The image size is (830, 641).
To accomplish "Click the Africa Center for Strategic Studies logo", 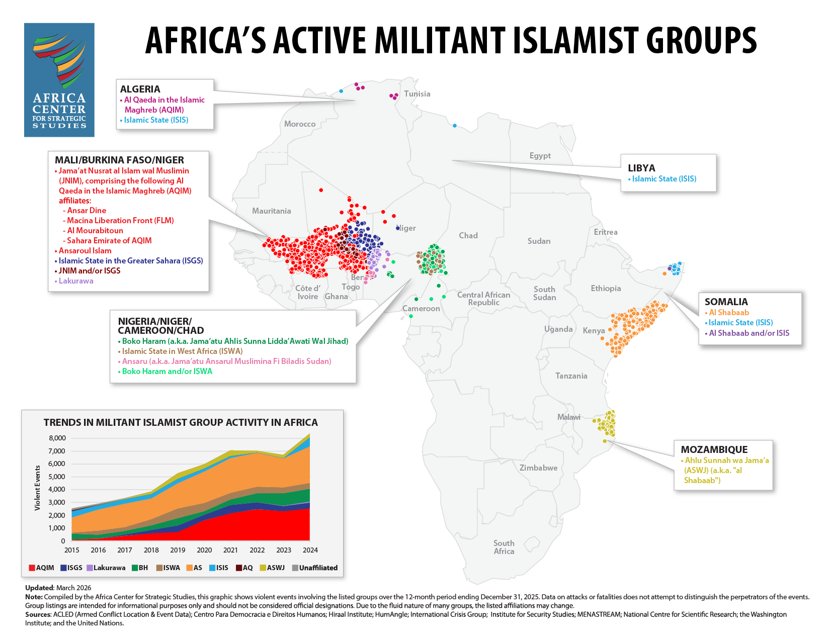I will point(59,80).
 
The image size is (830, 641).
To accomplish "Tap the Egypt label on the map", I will point(540,156).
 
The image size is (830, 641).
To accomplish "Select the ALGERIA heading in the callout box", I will point(140,89).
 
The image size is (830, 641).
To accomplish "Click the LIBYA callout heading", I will point(641,168).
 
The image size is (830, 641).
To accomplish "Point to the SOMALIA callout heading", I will point(726,302).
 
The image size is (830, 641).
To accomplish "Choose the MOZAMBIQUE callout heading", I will point(714,449).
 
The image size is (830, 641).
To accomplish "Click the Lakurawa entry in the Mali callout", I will point(76,281).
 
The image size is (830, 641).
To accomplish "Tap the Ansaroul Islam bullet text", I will point(85,250).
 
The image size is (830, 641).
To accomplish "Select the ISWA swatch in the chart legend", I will point(159,568).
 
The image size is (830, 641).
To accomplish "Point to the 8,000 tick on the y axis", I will point(57,438).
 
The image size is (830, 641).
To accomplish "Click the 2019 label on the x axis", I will point(178,550).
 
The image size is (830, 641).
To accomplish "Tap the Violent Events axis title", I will point(38,488).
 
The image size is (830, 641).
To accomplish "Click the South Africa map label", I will point(504,547).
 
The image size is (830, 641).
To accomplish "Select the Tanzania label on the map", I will point(571,376).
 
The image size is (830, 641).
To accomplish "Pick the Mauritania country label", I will point(271,211).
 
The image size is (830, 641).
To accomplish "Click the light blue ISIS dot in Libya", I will point(455,126).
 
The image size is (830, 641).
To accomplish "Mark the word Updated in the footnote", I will point(39,588).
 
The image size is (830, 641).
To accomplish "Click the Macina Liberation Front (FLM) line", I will point(120,220).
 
